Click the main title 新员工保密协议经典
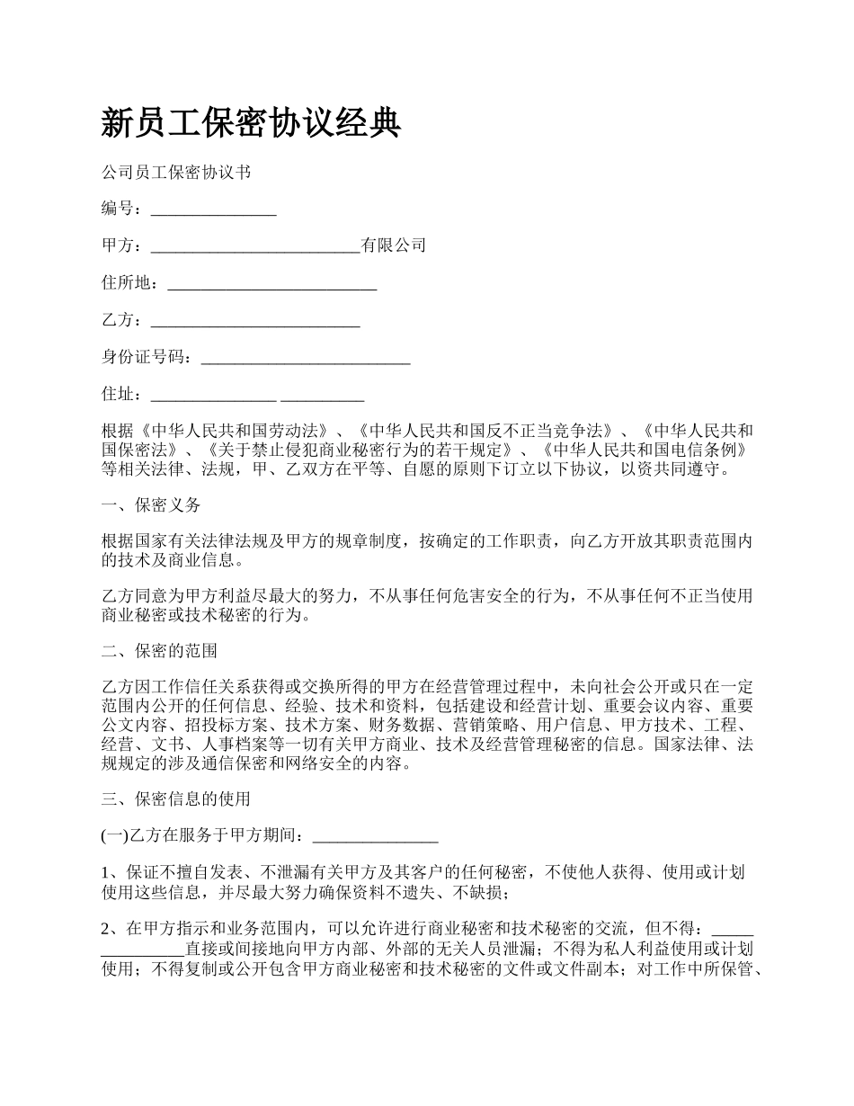251,123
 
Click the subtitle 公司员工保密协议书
175,172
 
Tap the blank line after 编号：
213,211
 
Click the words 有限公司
393,245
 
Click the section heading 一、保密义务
151,505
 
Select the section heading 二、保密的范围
159,650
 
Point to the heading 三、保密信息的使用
175,798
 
